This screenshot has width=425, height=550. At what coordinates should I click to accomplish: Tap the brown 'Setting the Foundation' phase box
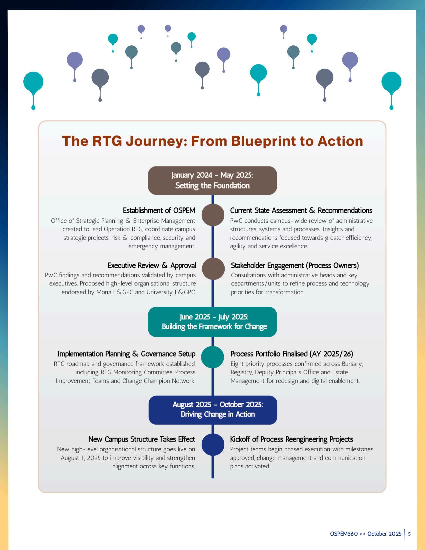[212, 180]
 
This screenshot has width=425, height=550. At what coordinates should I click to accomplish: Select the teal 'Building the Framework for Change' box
[212, 322]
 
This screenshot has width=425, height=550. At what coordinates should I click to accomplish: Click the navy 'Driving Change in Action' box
[213, 410]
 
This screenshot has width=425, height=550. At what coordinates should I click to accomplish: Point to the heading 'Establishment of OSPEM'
[159, 210]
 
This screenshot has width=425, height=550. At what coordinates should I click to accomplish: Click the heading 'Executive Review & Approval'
[151, 265]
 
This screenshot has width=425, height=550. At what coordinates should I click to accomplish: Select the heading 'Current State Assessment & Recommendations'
[301, 210]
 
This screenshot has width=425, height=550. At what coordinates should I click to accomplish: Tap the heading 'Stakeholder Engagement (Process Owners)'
[295, 265]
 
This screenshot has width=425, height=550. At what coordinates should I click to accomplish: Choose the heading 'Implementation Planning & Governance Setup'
[126, 354]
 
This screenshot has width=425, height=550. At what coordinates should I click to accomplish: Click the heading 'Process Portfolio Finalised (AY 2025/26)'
[292, 354]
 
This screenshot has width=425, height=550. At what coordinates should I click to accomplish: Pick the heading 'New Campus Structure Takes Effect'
[142, 439]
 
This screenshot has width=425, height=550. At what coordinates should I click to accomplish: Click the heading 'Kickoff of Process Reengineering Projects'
[291, 439]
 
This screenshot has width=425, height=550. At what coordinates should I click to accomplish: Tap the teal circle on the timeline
[213, 357]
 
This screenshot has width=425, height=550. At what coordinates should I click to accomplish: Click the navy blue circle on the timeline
[213, 444]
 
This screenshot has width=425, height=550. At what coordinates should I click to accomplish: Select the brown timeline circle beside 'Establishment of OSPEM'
[213, 215]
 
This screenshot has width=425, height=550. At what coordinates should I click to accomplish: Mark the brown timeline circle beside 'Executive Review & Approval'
[213, 269]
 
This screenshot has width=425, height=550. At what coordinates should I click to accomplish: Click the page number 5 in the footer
[409, 534]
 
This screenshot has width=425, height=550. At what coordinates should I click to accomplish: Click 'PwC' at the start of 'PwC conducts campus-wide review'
[236, 221]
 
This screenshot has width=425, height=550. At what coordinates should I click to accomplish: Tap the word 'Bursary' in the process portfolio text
[352, 364]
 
